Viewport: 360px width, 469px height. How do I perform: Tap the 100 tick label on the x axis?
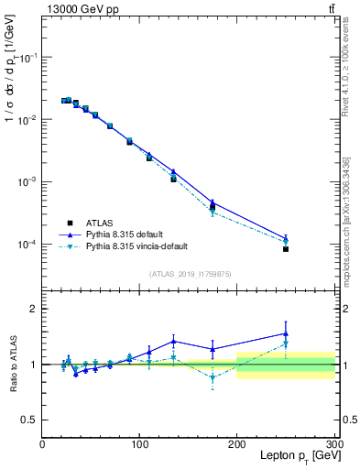(x=139, y=443)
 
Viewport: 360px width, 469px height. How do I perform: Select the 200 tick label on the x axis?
(x=237, y=443)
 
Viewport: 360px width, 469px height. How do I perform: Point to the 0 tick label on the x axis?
(x=42, y=443)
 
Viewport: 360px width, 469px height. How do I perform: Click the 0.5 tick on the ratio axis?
(x=29, y=420)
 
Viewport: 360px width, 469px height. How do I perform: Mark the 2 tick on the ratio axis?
(x=34, y=309)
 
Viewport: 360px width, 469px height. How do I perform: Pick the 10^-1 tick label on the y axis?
(x=27, y=57)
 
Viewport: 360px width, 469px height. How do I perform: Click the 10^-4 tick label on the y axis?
(x=27, y=245)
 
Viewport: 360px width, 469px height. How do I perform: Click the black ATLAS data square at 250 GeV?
(x=286, y=249)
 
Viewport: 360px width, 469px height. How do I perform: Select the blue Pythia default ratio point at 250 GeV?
(x=286, y=333)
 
